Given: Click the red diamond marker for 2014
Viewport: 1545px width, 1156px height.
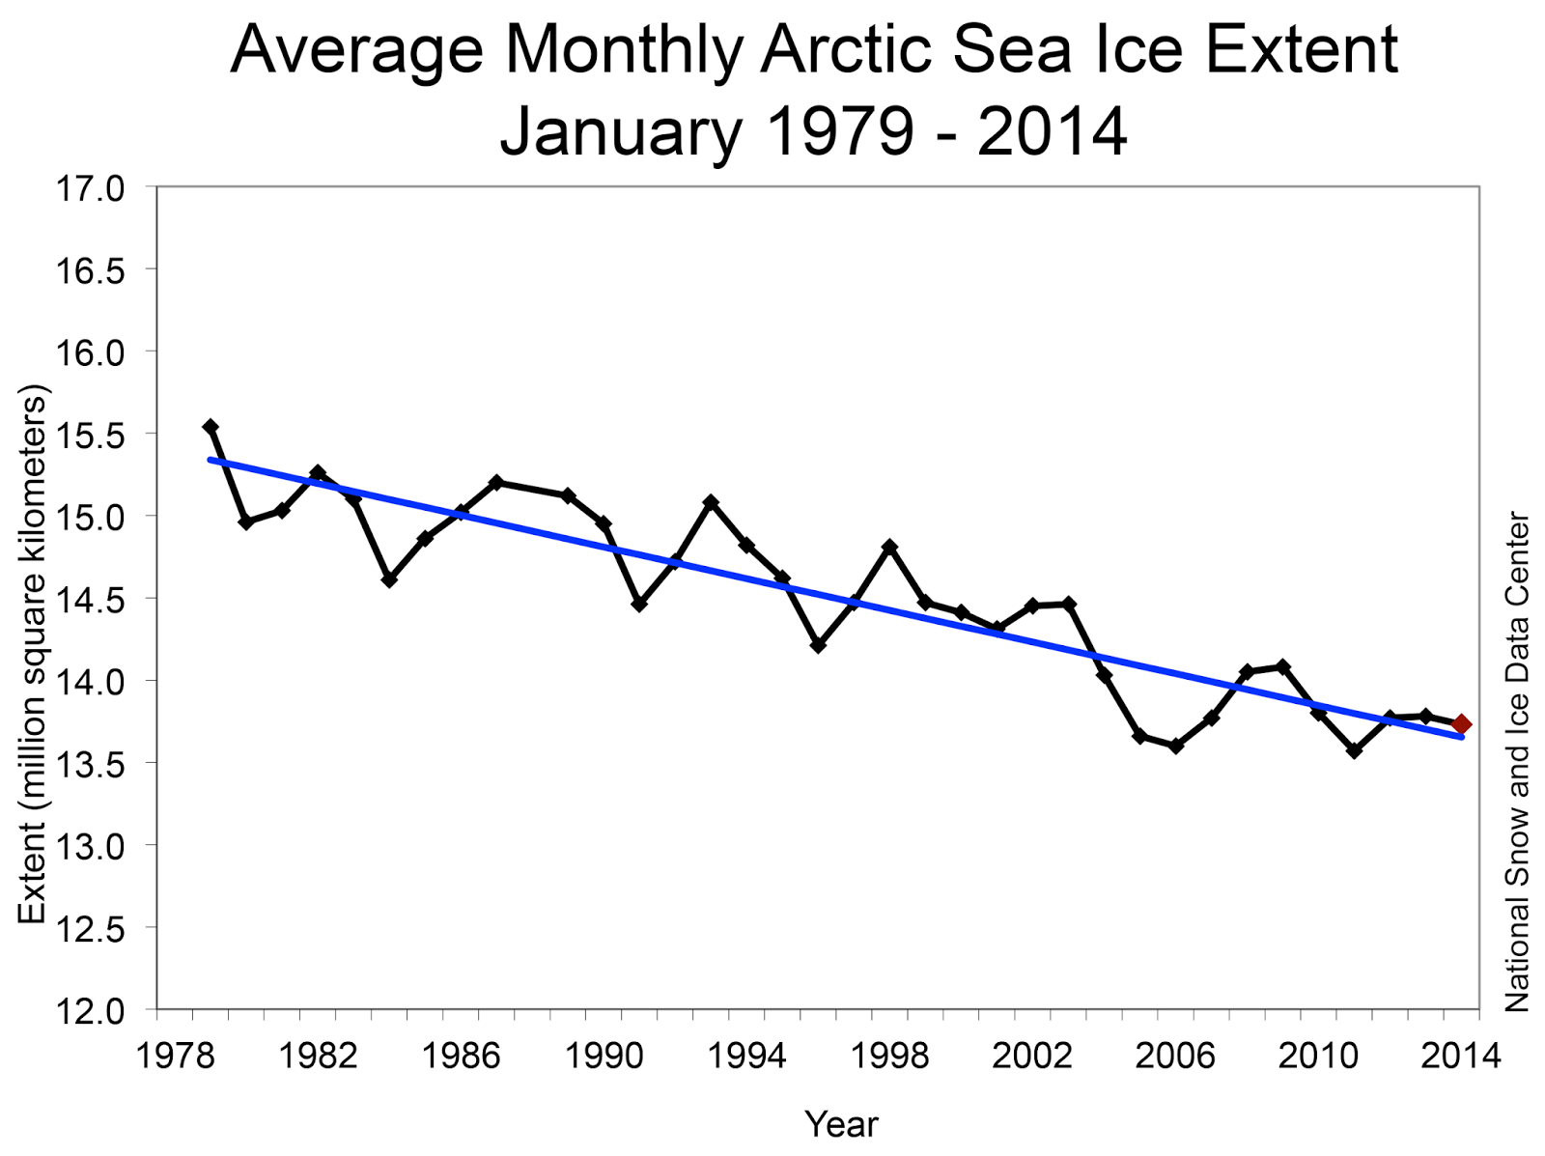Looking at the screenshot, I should click(1461, 724).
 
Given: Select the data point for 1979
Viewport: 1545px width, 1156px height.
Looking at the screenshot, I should click(211, 427).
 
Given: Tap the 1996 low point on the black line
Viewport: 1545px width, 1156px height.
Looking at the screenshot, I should click(818, 645).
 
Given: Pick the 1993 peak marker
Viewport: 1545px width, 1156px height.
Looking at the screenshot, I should click(711, 502).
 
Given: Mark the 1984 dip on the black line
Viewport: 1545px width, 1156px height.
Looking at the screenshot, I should click(389, 579).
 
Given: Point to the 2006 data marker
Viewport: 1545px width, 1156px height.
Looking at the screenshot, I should click(1175, 746).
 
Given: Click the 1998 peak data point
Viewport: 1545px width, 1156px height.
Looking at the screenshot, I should click(889, 547).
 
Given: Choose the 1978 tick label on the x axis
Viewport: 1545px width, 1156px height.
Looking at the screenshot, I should click(175, 1056).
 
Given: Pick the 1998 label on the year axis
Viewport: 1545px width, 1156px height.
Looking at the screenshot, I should click(889, 1056).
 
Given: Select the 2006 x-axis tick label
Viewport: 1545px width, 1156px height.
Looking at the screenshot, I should click(1175, 1056).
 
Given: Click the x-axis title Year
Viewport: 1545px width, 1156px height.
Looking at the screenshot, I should click(841, 1124).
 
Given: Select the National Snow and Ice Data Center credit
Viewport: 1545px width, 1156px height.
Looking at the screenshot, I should click(1517, 761).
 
